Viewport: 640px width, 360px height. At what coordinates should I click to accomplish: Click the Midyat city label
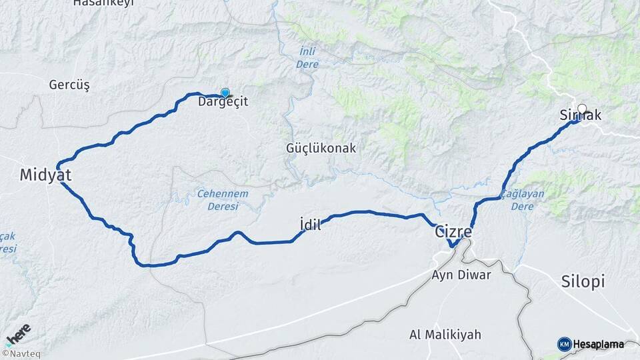tap(45, 175)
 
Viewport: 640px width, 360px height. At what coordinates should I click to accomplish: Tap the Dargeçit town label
tap(223, 103)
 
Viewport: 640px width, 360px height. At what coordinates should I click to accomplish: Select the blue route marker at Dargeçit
tap(225, 93)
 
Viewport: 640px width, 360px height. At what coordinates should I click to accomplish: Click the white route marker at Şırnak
tap(582, 109)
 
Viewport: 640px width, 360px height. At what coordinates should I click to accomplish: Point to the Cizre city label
tap(453, 233)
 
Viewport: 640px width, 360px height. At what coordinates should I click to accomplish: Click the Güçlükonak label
tap(321, 149)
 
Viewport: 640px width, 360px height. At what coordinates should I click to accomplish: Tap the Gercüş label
tap(69, 85)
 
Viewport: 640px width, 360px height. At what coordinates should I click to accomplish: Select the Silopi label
tap(583, 281)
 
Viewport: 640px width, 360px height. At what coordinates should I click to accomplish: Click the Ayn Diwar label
tap(461, 275)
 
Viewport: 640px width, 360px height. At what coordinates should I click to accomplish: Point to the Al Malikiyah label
tap(445, 334)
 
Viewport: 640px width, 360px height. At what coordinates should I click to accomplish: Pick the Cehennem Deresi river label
tap(223, 199)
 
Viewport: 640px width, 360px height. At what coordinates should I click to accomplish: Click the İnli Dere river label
tap(307, 59)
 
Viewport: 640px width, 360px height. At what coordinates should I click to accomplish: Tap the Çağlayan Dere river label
tap(523, 200)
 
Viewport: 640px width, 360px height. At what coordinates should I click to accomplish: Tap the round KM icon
tap(564, 344)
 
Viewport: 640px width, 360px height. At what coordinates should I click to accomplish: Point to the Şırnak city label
tap(582, 116)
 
